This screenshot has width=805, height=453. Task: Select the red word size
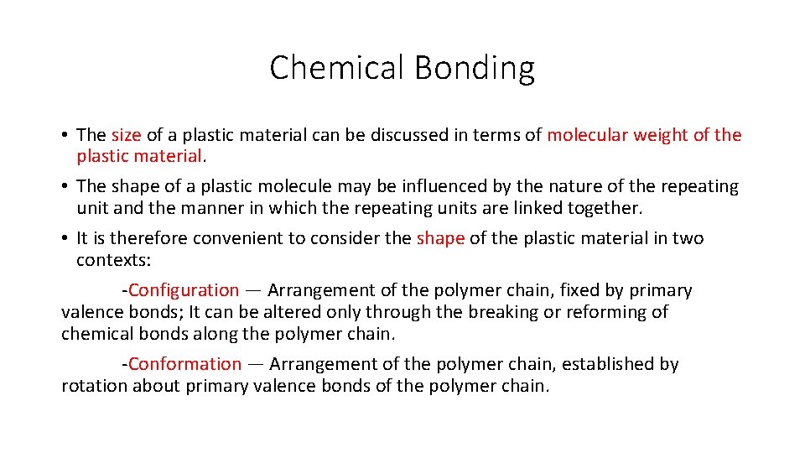pyautogui.click(x=126, y=135)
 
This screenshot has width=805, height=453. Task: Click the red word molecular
pyautogui.click(x=587, y=135)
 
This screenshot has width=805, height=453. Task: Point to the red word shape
pyautogui.click(x=440, y=238)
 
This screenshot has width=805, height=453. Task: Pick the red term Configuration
pyautogui.click(x=184, y=290)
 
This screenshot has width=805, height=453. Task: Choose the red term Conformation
pyautogui.click(x=184, y=364)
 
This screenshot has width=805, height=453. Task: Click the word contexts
pyautogui.click(x=113, y=260)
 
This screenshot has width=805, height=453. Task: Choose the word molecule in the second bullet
pyautogui.click(x=299, y=186)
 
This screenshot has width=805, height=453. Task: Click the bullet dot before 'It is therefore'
pyautogui.click(x=65, y=239)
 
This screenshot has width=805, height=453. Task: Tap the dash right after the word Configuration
pyautogui.click(x=253, y=291)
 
